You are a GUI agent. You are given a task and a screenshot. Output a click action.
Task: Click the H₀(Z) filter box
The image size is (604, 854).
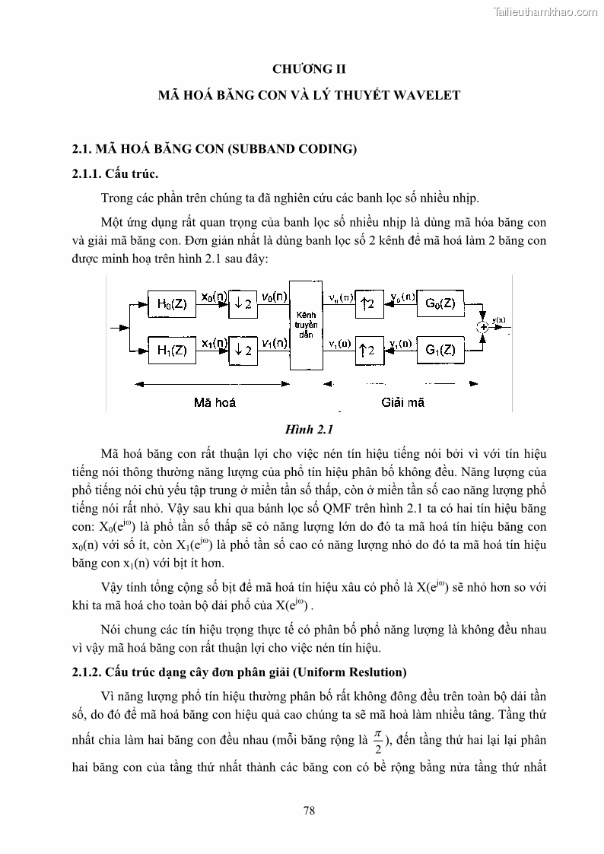point(171,304)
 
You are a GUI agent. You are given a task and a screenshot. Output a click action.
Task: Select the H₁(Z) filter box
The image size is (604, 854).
point(171,350)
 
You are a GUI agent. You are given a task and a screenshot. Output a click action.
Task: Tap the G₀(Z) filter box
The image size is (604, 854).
point(440,304)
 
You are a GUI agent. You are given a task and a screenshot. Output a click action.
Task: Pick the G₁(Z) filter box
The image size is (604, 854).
point(440,350)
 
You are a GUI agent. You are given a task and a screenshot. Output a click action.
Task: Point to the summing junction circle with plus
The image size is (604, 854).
point(482,327)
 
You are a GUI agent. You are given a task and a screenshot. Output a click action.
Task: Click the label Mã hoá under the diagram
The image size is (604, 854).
point(215,402)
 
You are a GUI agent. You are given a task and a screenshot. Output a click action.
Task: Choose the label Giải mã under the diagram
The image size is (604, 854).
point(403,402)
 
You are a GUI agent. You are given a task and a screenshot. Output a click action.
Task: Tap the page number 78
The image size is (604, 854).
point(309,811)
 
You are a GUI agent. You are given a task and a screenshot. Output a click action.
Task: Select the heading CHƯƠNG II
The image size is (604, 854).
point(309,69)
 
